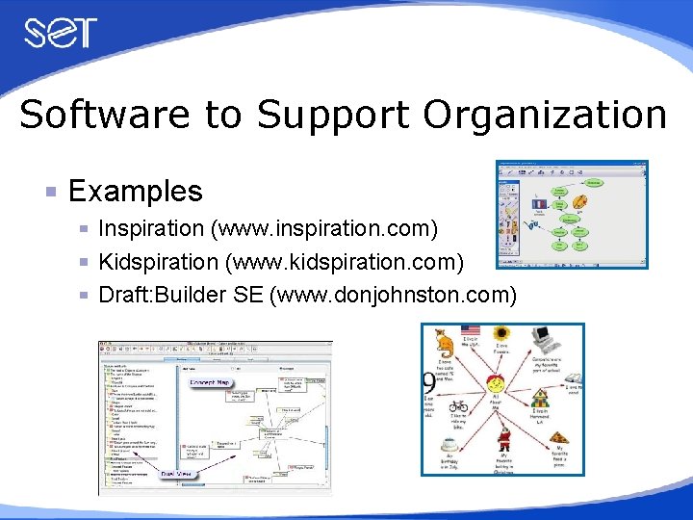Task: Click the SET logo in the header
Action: pyautogui.click(x=61, y=34)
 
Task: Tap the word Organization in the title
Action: pyautogui.click(x=545, y=115)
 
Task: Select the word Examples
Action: pyautogui.click(x=136, y=191)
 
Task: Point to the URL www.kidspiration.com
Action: pyautogui.click(x=342, y=262)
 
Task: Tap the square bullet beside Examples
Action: pyautogui.click(x=52, y=192)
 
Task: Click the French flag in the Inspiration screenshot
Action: pyautogui.click(x=538, y=204)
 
